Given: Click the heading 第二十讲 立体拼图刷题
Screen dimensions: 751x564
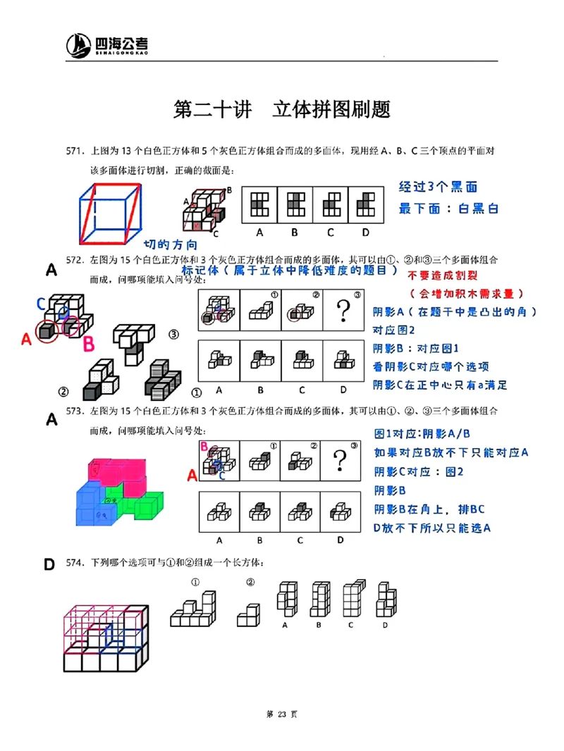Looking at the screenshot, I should tap(282, 110).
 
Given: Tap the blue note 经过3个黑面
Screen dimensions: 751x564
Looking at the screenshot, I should tap(438, 187).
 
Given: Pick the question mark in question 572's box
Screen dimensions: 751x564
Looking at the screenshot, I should tap(343, 310).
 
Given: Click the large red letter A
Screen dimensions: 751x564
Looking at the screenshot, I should tap(27, 339).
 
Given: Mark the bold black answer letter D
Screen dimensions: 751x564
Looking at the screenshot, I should tap(49, 564).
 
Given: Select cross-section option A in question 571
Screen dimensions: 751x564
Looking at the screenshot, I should tap(259, 204).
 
